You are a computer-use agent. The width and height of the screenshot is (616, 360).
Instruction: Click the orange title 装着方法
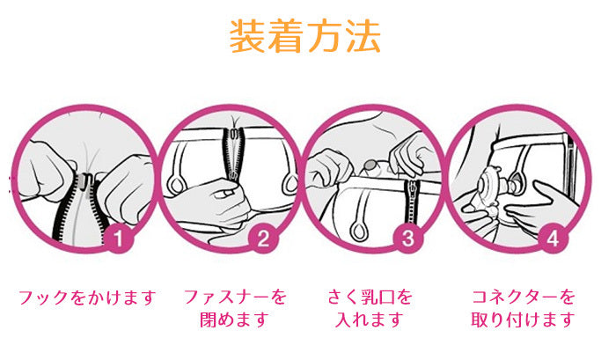coord(304,36)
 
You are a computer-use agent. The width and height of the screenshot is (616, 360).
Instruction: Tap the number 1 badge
coord(118,238)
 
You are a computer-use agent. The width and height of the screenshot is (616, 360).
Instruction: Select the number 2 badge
coord(263,238)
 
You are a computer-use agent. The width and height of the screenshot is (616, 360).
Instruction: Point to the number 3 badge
coord(408,238)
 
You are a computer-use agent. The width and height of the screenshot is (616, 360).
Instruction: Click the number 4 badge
coord(554,238)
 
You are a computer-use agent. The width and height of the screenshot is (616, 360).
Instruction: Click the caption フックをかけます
coord(87,298)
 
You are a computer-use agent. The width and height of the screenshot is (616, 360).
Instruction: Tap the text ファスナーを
coord(235,298)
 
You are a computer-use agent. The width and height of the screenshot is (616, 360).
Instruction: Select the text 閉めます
coord(235,320)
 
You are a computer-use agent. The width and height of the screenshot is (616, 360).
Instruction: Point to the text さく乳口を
coord(370,298)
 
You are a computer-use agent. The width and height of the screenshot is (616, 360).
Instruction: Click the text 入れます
coord(370,320)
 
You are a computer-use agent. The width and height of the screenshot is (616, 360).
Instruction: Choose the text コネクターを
coord(524,298)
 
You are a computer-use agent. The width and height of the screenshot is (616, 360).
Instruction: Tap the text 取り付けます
coord(523,320)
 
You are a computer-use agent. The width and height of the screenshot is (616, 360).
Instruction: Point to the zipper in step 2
coord(234,153)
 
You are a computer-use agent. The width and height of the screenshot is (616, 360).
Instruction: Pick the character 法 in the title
coord(363,36)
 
